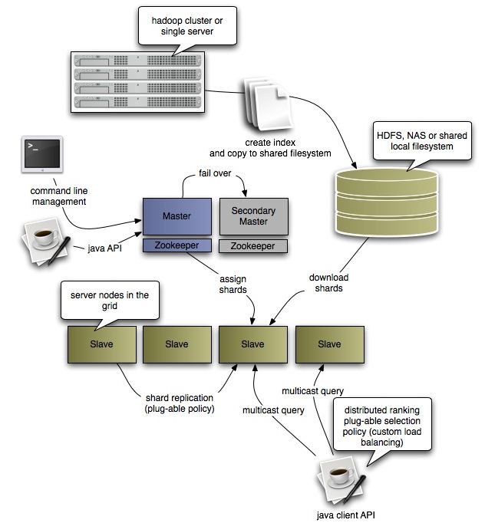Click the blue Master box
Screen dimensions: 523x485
pyautogui.click(x=177, y=216)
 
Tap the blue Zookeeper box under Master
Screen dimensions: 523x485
pyautogui.click(x=177, y=246)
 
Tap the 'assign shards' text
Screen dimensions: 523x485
pyautogui.click(x=232, y=285)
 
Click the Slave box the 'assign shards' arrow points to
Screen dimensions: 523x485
pyautogui.click(x=252, y=344)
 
